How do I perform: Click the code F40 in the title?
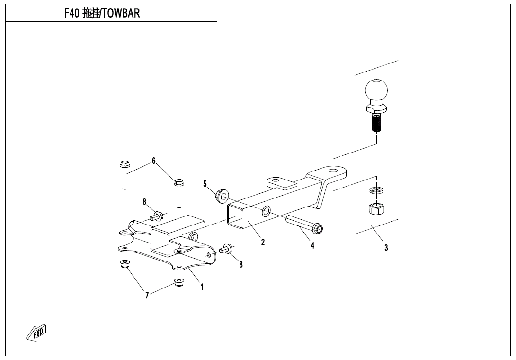(72, 13)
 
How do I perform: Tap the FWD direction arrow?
(36, 333)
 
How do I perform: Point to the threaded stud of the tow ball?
(376, 122)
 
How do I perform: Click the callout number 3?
(386, 248)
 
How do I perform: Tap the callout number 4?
(312, 245)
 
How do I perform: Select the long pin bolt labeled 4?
(304, 223)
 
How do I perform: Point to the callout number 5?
(205, 184)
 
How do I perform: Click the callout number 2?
(263, 242)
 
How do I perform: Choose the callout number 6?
(154, 161)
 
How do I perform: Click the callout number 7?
(147, 296)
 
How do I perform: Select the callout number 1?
(202, 287)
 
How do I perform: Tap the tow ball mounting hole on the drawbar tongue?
(333, 171)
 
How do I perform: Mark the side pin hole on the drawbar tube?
(266, 211)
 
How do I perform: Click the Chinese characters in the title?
(91, 13)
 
